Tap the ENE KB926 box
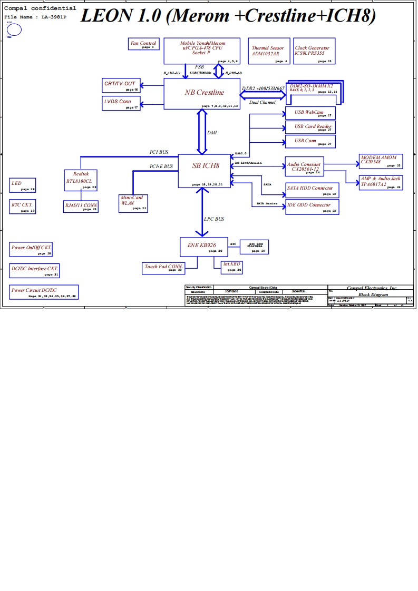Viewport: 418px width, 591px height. coord(203,246)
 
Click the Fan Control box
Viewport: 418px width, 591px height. coord(143,44)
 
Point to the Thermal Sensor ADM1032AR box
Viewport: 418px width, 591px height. coord(268,51)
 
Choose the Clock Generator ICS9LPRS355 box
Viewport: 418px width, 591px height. coord(315,51)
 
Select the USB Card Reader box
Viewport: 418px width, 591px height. coord(310,127)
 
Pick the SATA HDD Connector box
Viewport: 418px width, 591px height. coord(312,190)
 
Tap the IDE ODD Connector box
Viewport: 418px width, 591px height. coord(312,207)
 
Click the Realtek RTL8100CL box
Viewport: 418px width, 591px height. coord(81,179)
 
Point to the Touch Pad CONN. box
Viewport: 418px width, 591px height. coord(163,268)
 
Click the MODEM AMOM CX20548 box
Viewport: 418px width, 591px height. coord(381,161)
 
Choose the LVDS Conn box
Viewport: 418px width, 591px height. coord(121,103)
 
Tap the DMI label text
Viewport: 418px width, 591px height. coord(212,133)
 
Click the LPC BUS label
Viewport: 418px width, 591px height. coord(213,219)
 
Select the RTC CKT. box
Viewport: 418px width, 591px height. coord(23,206)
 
